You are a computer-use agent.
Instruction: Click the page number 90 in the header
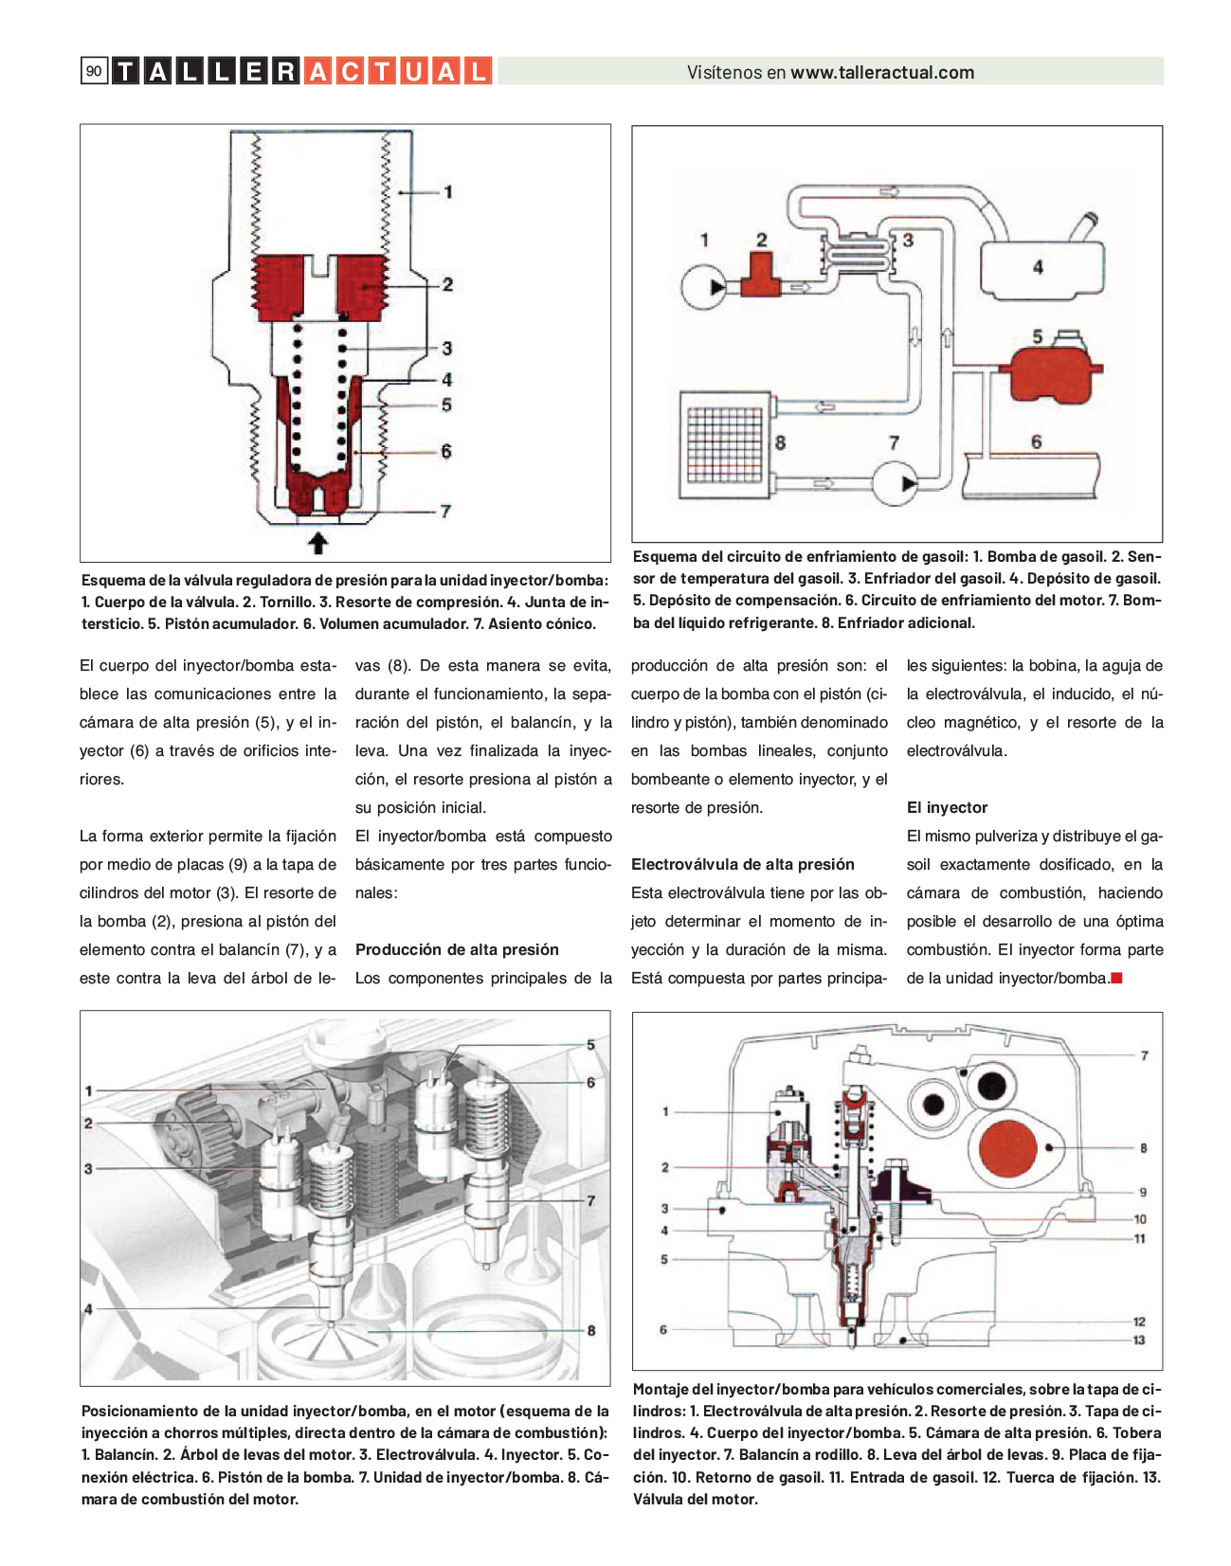coord(93,71)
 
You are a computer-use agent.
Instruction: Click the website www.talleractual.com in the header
coord(882,73)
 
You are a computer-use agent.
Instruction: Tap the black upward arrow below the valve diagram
coord(318,543)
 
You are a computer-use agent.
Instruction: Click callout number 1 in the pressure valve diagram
coord(448,191)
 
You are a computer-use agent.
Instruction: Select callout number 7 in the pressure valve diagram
coord(445,511)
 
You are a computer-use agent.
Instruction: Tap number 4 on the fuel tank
coord(1038,268)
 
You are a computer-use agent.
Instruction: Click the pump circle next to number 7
coord(895,483)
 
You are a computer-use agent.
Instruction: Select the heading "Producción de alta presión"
coord(457,949)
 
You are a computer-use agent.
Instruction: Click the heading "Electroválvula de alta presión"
coord(742,864)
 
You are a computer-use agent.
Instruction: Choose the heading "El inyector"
coord(947,807)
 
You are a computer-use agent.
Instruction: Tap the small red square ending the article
coord(1116,978)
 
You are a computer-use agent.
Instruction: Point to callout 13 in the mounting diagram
coord(1139,1340)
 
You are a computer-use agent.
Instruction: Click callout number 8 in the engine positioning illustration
coord(590,1330)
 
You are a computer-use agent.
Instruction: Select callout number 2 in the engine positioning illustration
coord(88,1124)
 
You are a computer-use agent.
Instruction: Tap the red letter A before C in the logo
coord(319,72)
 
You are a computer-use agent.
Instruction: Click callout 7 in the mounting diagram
coord(1144,1055)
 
